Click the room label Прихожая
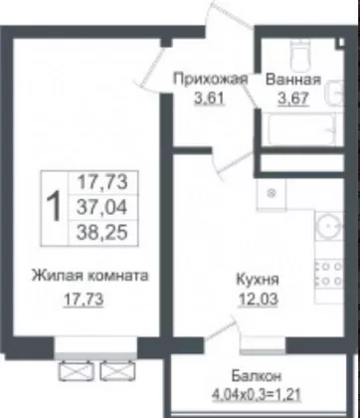tap(210, 80)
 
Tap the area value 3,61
tap(210, 99)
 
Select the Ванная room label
tap(293, 80)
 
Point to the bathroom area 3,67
tap(293, 99)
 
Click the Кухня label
tap(258, 281)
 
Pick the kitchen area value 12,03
tap(258, 300)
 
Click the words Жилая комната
tap(90, 276)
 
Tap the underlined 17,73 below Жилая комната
tap(84, 300)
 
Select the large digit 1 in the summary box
tap(54, 208)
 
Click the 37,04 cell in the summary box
tap(101, 208)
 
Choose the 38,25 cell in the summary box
tap(101, 233)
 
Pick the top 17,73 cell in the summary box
tap(101, 182)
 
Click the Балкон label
tap(257, 376)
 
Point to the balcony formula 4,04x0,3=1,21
tap(257, 395)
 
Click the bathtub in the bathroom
tap(302, 129)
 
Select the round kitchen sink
tap(329, 227)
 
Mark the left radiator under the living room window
tap(77, 371)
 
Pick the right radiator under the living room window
tap(117, 371)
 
